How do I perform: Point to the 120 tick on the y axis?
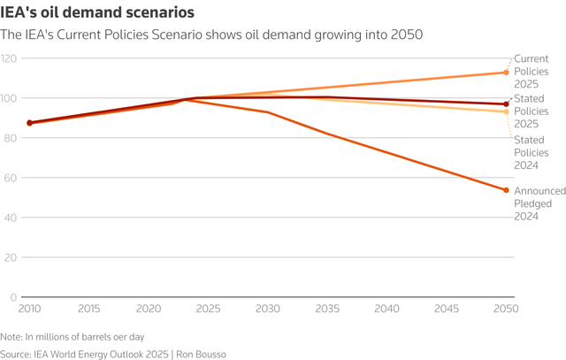pyautogui.click(x=10, y=58)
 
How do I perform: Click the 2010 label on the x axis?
pyautogui.click(x=29, y=310)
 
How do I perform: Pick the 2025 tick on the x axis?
pyautogui.click(x=208, y=310)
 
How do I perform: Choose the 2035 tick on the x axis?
pyautogui.click(x=327, y=310)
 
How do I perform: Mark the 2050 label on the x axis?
pyautogui.click(x=506, y=310)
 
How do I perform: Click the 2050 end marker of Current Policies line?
pyautogui.click(x=506, y=73)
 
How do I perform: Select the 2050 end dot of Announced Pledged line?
pyautogui.click(x=506, y=190)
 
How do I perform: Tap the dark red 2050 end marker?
pyautogui.click(x=506, y=104)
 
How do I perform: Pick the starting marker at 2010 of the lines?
pyautogui.click(x=30, y=123)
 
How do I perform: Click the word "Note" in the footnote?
pyautogui.click(x=11, y=337)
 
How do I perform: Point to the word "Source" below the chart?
pyautogui.click(x=18, y=353)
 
